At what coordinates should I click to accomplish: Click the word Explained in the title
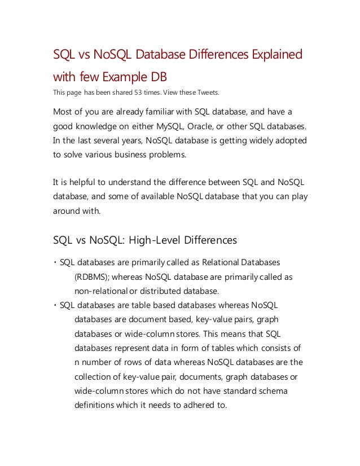pos(272,55)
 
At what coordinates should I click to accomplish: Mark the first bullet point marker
pos(55,263)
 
